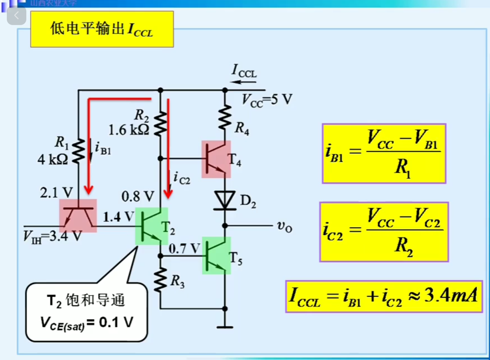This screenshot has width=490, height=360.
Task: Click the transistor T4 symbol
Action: (216, 159)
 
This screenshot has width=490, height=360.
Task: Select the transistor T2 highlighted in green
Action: (151, 226)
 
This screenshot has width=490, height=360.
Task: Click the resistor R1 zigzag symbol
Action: (78, 151)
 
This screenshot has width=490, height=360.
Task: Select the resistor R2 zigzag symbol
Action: (160, 124)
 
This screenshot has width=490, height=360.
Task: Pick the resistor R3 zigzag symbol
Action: (160, 280)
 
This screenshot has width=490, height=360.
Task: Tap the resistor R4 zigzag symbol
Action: (225, 117)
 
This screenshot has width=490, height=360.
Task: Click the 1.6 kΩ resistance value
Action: (129, 130)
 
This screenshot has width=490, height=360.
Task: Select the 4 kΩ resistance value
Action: (53, 160)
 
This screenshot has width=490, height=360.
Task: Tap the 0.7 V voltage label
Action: (184, 249)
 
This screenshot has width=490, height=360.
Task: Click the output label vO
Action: (284, 226)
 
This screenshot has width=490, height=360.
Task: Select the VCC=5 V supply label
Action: (267, 99)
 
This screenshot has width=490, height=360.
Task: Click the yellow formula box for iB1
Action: (384, 153)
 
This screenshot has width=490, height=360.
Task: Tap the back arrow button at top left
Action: (16, 16)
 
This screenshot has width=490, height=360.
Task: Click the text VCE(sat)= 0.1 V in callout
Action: (86, 323)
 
